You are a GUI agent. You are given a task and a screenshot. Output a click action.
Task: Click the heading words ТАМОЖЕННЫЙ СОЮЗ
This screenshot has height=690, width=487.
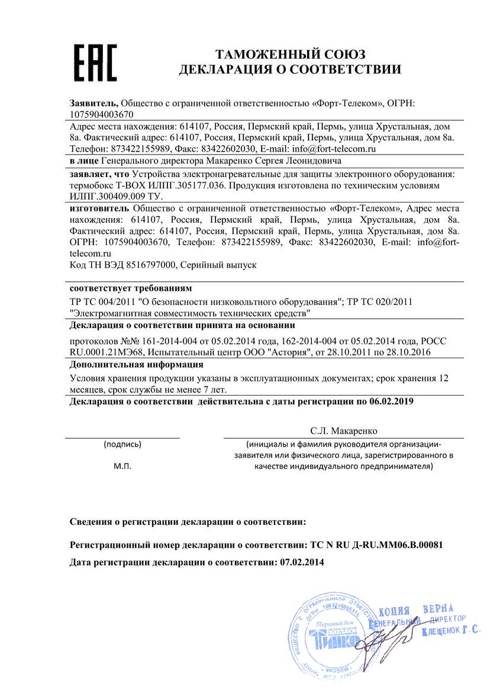tap(290, 54)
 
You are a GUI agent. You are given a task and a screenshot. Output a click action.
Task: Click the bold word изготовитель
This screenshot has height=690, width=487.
tap(99, 208)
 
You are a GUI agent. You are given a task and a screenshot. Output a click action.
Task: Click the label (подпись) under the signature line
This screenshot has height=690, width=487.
tap(122, 444)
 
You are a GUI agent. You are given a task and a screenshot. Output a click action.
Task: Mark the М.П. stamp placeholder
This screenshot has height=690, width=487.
tap(122, 466)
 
